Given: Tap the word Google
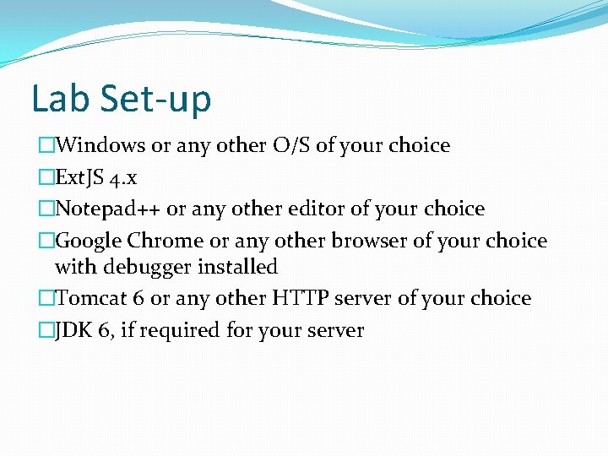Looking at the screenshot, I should (x=88, y=241).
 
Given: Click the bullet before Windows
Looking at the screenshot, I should (x=46, y=145).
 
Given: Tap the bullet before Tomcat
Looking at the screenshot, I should (x=46, y=298).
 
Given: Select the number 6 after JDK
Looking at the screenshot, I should (x=103, y=330).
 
